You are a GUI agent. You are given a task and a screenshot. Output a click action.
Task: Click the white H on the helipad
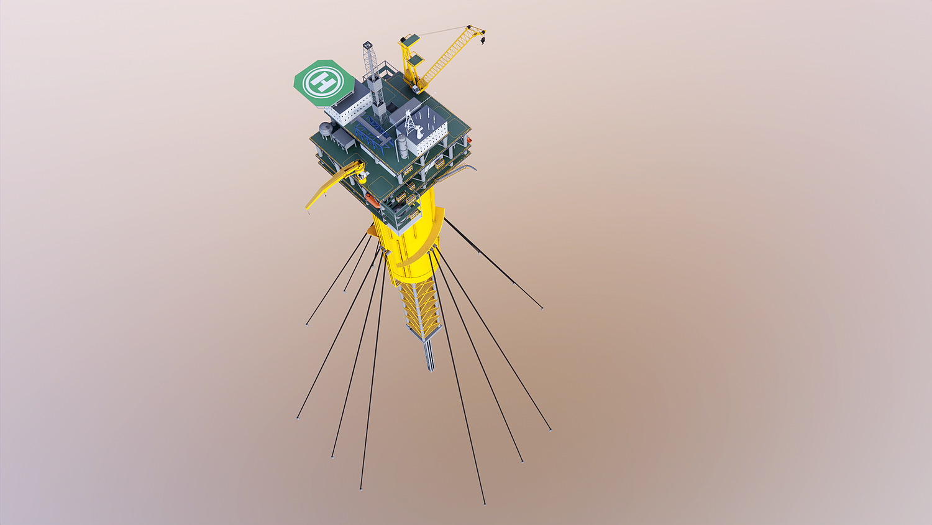323,82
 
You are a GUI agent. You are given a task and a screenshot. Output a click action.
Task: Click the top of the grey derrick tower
367,45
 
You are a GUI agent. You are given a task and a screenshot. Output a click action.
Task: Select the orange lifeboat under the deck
372,201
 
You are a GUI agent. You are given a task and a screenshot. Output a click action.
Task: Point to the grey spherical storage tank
326,128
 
